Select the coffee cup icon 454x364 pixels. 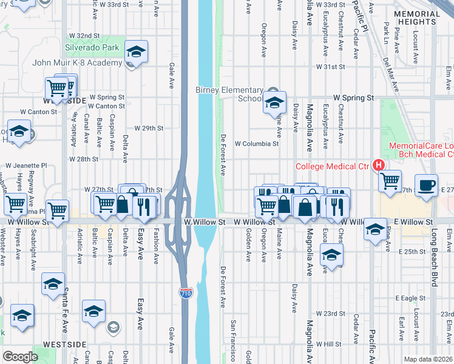pos(426,186)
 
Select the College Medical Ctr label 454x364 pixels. pos(332,166)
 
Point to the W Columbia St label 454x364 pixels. pos(256,144)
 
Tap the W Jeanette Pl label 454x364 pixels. pos(26,165)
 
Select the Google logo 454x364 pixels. pos(20,357)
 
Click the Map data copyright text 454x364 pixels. pos(429,359)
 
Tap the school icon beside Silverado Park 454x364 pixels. pos(137,52)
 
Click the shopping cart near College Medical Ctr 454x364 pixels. pos(390,180)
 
